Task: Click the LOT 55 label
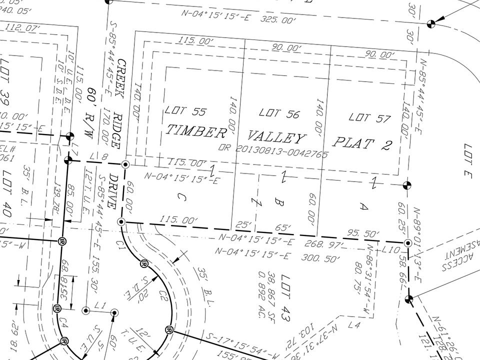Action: [185, 111]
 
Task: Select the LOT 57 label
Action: [369, 118]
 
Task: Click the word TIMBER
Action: [195, 131]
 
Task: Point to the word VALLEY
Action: [276, 137]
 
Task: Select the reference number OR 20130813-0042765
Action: [273, 151]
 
